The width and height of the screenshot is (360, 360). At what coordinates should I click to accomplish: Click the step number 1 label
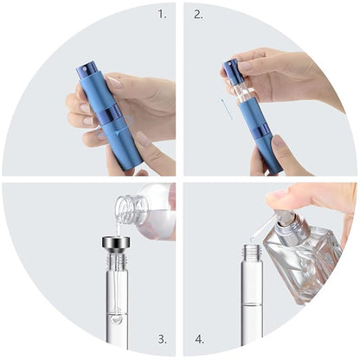(x=161, y=15)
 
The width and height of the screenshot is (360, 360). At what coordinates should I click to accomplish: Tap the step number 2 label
(x=198, y=15)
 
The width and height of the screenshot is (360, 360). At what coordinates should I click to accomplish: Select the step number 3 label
(x=161, y=340)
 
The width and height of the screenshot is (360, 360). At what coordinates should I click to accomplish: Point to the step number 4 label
(x=198, y=340)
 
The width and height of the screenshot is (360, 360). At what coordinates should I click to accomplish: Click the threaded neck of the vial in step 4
(x=251, y=254)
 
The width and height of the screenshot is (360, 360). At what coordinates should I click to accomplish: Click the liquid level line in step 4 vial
(x=251, y=303)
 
